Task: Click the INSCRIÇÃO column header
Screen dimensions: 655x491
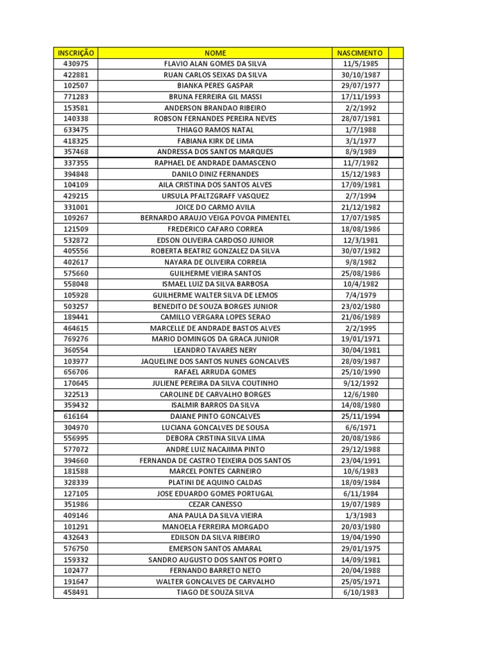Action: [76, 53]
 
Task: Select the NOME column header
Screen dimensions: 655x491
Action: [215, 53]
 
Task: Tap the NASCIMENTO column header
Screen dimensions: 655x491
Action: [360, 53]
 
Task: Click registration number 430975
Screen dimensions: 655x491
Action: [76, 64]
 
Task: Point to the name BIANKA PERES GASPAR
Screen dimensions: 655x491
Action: [215, 86]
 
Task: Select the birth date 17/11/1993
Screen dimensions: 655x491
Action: [360, 97]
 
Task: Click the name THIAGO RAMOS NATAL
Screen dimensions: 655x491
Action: [215, 130]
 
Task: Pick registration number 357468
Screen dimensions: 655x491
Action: [76, 152]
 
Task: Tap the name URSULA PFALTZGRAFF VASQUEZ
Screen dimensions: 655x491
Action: [215, 196]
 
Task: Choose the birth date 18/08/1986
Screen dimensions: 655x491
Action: [360, 229]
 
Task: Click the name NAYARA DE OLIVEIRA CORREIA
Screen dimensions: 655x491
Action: [215, 262]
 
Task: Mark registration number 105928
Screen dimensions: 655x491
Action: [76, 295]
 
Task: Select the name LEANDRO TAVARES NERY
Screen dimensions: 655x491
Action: [215, 351]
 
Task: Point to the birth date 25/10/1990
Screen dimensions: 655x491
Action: [360, 372]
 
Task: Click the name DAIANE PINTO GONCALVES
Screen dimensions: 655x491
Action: [215, 416]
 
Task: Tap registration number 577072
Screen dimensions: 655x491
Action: [76, 450]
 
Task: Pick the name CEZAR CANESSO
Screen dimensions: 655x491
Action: [215, 505]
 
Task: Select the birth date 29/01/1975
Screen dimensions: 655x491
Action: [360, 549]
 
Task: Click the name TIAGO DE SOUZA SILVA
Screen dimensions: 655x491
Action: [215, 593]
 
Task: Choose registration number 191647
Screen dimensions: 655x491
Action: [76, 582]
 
